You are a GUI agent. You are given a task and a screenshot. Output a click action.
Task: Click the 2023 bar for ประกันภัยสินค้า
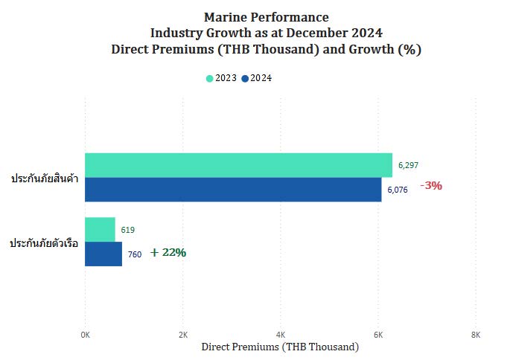click(x=238, y=165)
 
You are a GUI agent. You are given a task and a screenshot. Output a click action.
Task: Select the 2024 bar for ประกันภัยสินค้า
click(x=233, y=190)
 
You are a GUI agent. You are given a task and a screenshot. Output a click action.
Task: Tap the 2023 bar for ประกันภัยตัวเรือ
click(x=100, y=230)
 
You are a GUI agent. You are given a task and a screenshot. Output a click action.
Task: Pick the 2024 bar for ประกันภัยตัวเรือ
click(x=103, y=254)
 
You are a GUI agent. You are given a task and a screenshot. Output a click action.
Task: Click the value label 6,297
click(x=409, y=165)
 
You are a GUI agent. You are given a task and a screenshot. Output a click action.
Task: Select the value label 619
click(x=127, y=230)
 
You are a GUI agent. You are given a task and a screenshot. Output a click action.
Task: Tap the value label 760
click(x=135, y=254)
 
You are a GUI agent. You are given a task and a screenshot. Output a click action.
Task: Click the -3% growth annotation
click(x=431, y=186)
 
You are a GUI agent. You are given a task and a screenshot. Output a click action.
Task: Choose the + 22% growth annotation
click(x=168, y=253)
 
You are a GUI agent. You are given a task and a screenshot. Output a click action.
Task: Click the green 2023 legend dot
click(x=210, y=79)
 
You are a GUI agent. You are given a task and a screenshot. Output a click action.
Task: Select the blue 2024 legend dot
click(x=245, y=79)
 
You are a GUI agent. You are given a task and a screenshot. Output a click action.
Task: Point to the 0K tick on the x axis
click(x=86, y=335)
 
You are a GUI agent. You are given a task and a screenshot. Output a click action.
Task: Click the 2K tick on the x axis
click(x=183, y=335)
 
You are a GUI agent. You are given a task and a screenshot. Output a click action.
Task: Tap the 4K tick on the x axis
click(x=281, y=335)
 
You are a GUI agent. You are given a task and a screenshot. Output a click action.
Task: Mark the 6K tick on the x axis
click(x=378, y=335)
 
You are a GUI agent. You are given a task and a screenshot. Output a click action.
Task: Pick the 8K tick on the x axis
click(x=476, y=335)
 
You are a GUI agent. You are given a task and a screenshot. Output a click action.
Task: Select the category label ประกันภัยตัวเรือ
click(x=44, y=243)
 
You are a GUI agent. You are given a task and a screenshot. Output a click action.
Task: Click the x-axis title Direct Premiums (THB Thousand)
click(x=280, y=347)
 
